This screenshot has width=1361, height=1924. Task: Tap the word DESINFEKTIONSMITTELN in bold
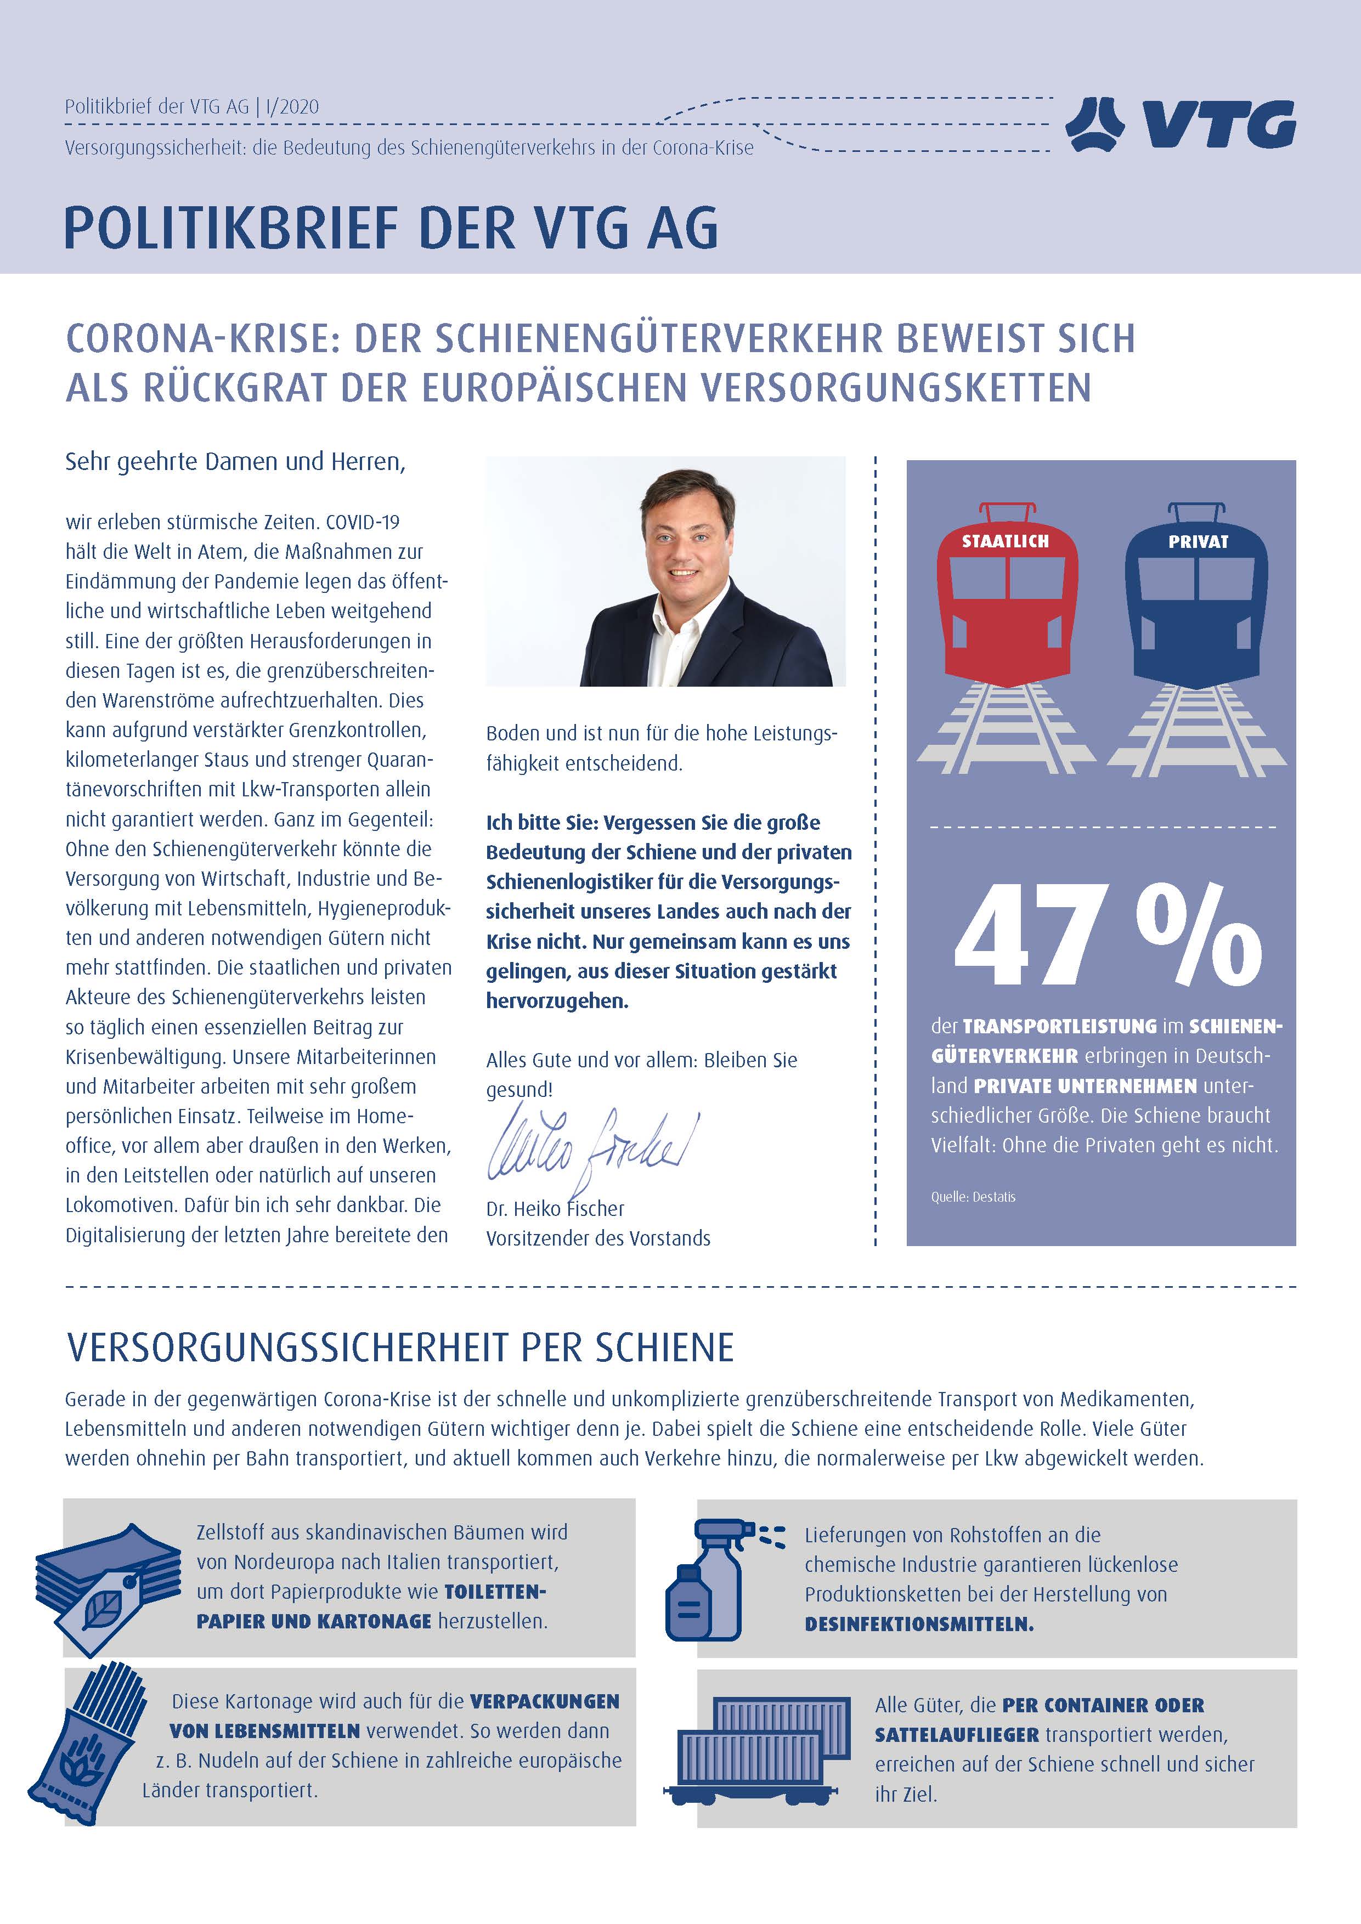coord(918,1624)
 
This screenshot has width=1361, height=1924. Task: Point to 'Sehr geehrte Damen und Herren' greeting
coord(235,462)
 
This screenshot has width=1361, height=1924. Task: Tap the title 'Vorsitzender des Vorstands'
coord(597,1238)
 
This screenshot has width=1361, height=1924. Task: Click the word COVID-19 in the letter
coord(362,522)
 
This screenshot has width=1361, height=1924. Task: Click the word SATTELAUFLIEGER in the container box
coord(956,1735)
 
